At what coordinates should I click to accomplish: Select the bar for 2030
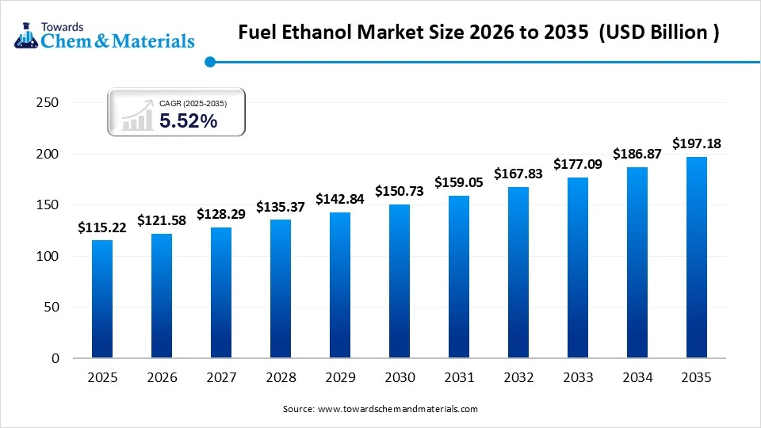click(400, 281)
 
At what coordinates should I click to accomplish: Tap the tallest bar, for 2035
click(696, 258)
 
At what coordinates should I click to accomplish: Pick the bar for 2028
click(281, 289)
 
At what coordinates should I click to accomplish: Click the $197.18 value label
click(696, 143)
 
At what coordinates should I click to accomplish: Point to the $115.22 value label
click(102, 227)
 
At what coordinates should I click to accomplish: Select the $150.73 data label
click(400, 191)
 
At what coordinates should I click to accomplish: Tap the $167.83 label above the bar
click(518, 174)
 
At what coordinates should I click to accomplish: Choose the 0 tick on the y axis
click(55, 358)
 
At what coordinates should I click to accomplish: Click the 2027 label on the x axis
click(221, 378)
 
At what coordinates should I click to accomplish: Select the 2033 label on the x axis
click(577, 378)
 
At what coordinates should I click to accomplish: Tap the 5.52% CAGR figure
click(188, 120)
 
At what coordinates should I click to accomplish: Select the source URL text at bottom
click(380, 409)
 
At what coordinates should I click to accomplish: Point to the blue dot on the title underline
click(209, 62)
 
